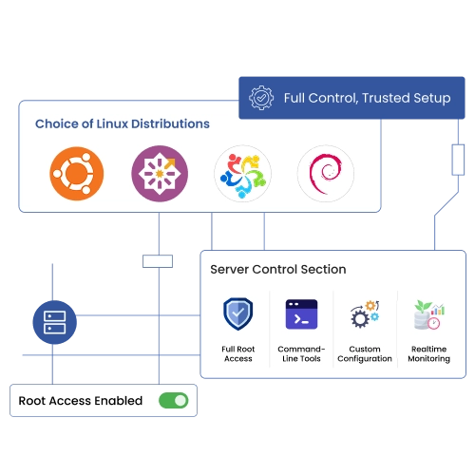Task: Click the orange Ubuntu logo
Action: coord(77,174)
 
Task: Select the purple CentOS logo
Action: coord(160,174)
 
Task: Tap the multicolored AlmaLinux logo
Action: coord(242,174)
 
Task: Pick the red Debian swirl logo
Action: coord(326,174)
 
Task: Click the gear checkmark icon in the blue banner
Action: coord(261,98)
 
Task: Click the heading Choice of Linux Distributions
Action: coord(123,123)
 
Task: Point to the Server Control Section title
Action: coord(278,270)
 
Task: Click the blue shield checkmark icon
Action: coord(238,313)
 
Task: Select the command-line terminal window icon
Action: coord(301,314)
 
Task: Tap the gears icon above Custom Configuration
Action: coord(365,313)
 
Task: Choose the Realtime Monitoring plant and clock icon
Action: coord(429,314)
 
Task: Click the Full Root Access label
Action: coord(238,353)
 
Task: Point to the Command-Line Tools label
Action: coord(301,353)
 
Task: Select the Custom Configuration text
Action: coord(365,353)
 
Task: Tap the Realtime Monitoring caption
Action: coord(429,353)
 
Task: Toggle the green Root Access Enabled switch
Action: coord(174,401)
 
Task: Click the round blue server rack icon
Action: coord(55,322)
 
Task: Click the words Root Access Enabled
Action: coord(81,401)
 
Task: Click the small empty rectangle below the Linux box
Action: coord(158,261)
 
